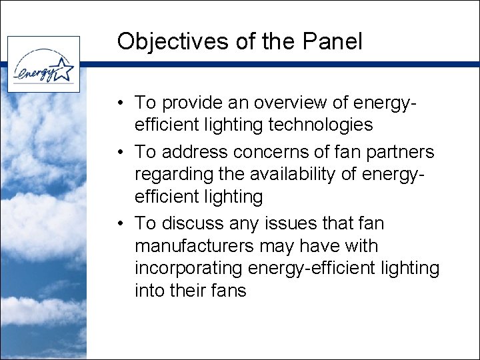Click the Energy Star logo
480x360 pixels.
[x=43, y=64]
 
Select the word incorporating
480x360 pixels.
[x=189, y=269]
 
